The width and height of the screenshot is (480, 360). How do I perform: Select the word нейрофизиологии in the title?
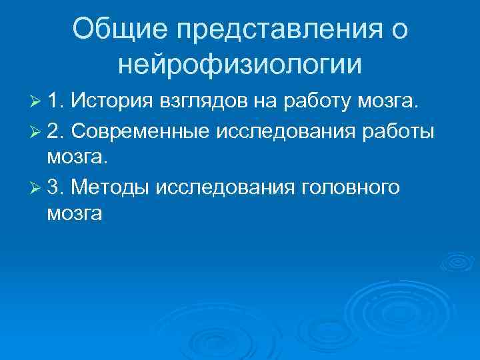[x=239, y=65]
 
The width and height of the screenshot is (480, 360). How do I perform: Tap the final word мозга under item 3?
[x=75, y=215]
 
